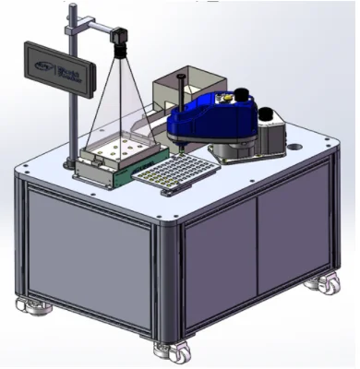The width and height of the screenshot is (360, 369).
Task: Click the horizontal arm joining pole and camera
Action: tap(92, 30)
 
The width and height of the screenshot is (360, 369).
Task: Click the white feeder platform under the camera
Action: tap(114, 148)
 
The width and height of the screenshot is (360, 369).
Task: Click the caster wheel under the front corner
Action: tap(171, 350)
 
